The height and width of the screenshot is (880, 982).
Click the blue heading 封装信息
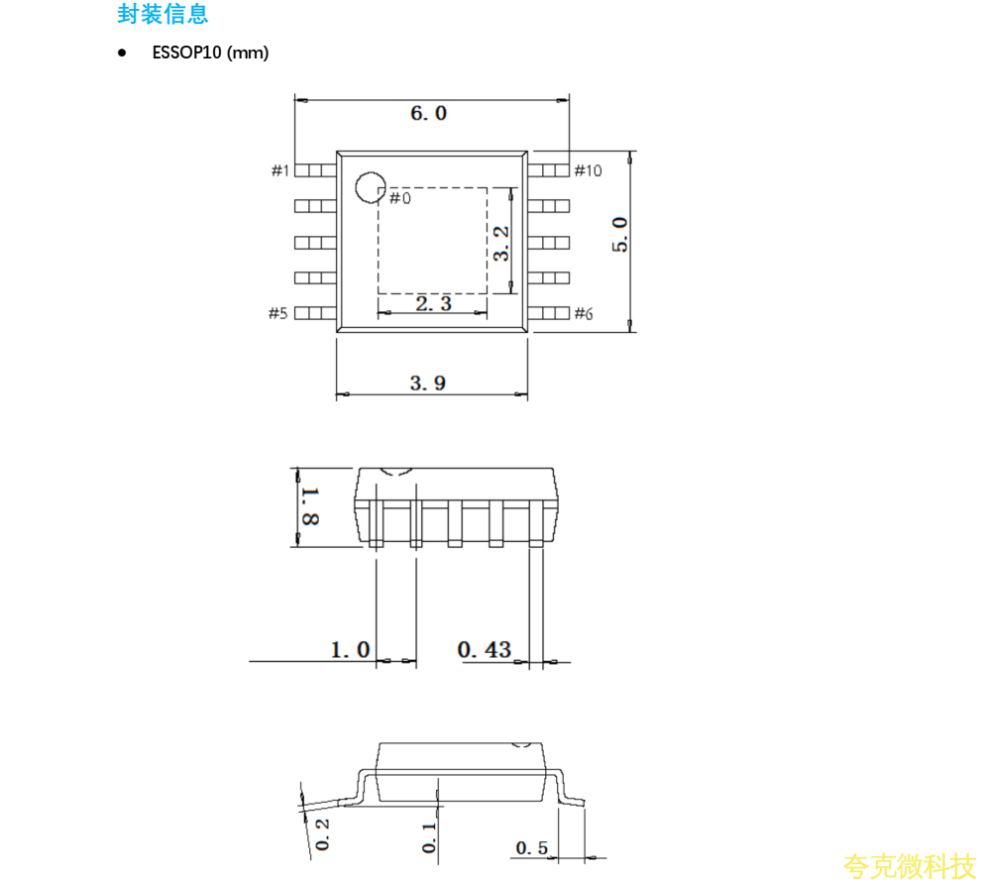point(163,14)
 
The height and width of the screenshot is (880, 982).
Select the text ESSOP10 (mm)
point(210,53)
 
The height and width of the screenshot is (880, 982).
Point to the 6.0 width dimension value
point(428,113)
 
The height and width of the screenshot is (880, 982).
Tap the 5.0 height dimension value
point(619,235)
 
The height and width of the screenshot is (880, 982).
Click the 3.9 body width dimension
point(428,383)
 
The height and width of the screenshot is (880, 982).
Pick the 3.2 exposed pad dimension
point(501,244)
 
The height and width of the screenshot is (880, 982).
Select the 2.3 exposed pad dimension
point(433,304)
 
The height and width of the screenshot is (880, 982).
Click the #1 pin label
point(280,170)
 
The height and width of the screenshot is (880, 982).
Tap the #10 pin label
point(588,170)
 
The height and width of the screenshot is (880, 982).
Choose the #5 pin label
point(278,313)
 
